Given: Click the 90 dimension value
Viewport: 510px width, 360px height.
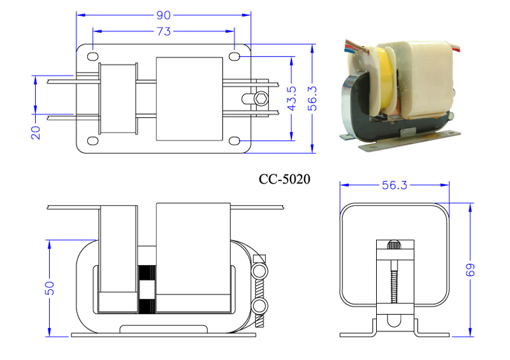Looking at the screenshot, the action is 163,15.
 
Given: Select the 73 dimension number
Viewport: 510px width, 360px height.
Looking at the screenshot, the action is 164,32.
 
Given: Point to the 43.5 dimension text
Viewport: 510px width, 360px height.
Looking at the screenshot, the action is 292,98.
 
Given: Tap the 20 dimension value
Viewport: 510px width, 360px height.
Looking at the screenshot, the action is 36,133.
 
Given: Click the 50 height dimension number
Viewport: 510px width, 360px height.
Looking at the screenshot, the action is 50,288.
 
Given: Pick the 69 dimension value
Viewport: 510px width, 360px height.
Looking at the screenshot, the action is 470,270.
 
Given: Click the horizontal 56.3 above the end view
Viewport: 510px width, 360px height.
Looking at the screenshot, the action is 394,185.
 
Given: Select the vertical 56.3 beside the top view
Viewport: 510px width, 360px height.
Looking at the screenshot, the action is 312,98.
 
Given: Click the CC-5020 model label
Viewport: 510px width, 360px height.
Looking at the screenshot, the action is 284,179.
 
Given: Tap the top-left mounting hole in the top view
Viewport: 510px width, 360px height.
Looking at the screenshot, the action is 93,56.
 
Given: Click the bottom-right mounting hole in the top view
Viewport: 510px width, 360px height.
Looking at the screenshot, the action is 234,141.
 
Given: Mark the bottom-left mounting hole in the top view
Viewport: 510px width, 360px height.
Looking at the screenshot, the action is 93,141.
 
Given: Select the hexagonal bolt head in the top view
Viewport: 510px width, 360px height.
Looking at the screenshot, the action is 261,99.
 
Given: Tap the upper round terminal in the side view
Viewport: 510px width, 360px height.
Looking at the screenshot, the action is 260,270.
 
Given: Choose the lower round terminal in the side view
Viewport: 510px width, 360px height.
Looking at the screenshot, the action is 260,306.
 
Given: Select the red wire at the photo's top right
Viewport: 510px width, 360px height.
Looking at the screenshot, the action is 456,47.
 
